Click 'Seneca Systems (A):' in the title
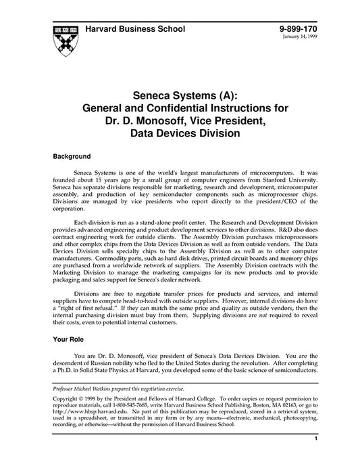click(x=180, y=95)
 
